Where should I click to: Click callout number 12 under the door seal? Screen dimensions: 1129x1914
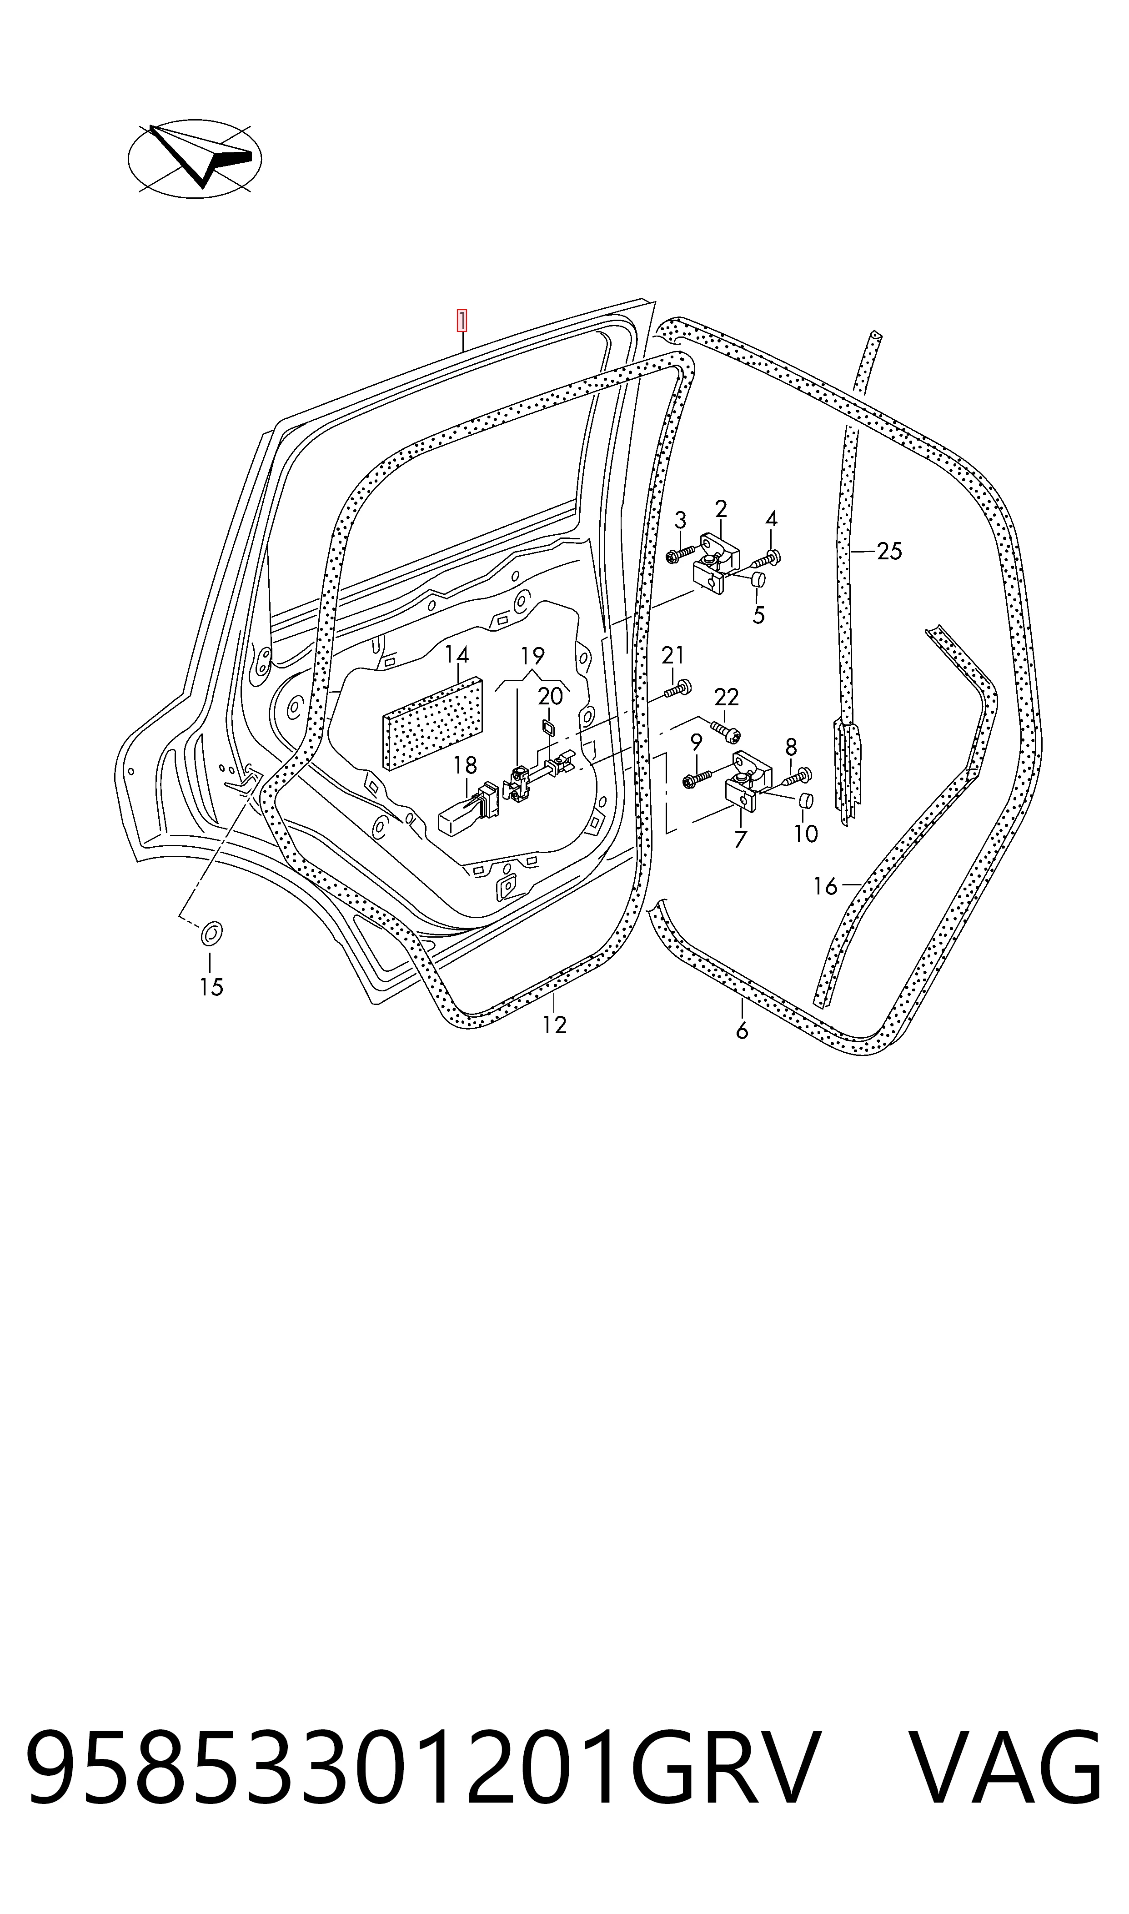click(555, 1025)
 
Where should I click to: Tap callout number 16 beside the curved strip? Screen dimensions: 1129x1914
click(825, 886)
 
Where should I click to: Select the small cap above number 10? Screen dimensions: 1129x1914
click(807, 800)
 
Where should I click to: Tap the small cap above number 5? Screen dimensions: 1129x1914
click(758, 580)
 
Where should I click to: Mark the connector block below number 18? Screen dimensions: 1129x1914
click(467, 810)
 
